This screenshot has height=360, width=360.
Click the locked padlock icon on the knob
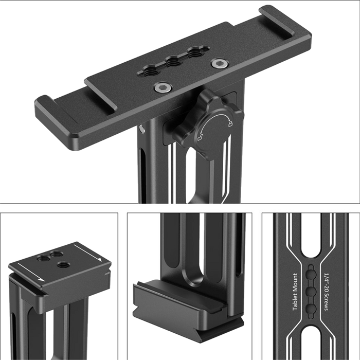click(x=230, y=124)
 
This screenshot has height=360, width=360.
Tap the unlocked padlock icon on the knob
click(x=200, y=138)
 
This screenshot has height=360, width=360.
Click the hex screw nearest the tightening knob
click(x=163, y=87)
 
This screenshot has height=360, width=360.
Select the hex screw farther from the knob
click(x=220, y=63)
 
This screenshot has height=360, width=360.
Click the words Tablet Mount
click(x=295, y=292)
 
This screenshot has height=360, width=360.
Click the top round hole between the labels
click(x=311, y=274)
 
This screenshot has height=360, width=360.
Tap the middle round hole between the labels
click(x=311, y=291)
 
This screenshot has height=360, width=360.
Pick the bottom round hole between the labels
click(x=311, y=308)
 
